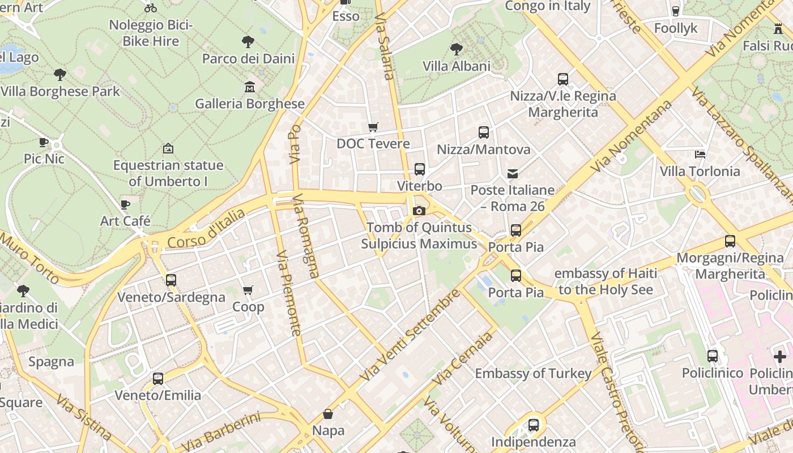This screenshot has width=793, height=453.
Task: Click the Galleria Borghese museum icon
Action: [x=250, y=87]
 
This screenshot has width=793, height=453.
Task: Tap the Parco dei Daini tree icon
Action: [x=248, y=41]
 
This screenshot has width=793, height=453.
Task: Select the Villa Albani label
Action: [x=457, y=66]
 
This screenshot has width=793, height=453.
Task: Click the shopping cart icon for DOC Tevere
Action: [x=373, y=127]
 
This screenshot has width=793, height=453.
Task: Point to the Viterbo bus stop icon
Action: [x=419, y=169]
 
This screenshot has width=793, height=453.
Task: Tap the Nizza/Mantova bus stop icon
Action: [x=483, y=132]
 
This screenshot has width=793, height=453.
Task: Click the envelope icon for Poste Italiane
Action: [x=512, y=173]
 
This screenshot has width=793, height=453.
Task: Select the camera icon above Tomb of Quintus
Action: [x=419, y=211]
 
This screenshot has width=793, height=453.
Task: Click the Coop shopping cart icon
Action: [x=248, y=290]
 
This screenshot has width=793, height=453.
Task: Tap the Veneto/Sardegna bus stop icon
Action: [x=170, y=280]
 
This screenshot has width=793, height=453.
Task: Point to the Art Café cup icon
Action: [x=125, y=204]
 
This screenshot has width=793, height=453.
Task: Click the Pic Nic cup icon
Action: [x=44, y=142]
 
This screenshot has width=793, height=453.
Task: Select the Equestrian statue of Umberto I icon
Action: [x=168, y=148]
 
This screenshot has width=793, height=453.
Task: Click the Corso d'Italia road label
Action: [x=206, y=229]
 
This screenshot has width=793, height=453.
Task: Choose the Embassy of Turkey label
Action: [x=533, y=374]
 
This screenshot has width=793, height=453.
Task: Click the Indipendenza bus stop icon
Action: [x=533, y=425]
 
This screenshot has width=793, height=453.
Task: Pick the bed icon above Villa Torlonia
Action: [x=700, y=154]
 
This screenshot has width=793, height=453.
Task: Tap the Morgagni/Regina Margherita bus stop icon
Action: [x=730, y=241]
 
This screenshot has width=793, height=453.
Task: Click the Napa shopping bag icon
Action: [x=327, y=414]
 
